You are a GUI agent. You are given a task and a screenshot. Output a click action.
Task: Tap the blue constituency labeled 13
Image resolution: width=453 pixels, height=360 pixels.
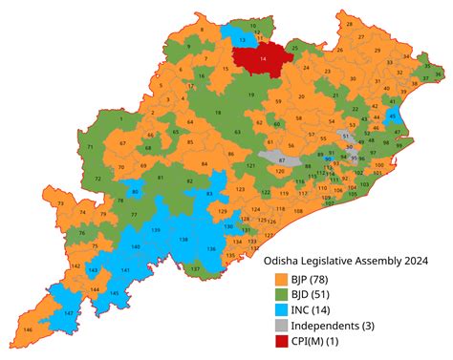tap(242, 40)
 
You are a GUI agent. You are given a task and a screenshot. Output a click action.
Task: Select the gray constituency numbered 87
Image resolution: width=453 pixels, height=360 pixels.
tap(281, 159)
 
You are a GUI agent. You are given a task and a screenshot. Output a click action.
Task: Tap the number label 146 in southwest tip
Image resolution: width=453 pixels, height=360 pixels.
tap(27, 329)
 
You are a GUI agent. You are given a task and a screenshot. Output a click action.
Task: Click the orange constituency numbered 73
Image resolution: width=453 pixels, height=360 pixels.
tap(62, 204)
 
